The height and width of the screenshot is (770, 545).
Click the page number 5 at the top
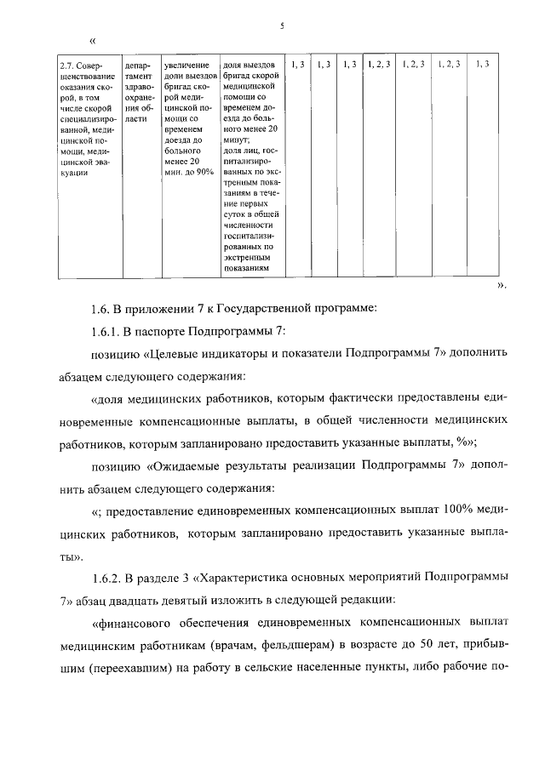pos(280,25)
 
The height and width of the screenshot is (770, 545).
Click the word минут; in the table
pos(234,139)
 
